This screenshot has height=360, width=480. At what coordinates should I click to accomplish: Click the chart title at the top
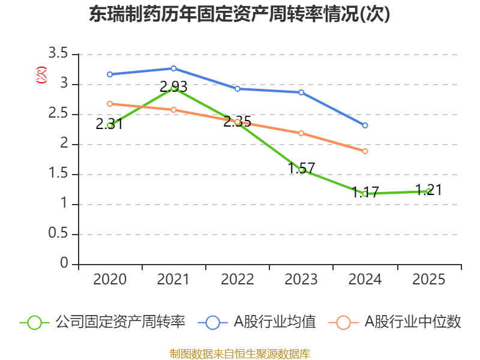[x=239, y=14]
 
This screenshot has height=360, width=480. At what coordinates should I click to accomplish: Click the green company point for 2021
[x=173, y=88]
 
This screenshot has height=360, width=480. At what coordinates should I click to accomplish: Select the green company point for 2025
[x=428, y=191]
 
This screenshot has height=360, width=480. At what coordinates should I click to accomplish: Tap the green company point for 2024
[x=365, y=194]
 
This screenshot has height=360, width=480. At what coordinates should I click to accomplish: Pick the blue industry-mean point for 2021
[x=173, y=68]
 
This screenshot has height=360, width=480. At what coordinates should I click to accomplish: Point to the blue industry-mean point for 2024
[x=365, y=125]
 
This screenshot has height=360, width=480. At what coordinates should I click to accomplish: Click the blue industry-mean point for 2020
[x=110, y=74]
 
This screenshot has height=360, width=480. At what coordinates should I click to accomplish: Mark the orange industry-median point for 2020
[x=110, y=104]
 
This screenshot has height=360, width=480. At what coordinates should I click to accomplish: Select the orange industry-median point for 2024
[x=365, y=151]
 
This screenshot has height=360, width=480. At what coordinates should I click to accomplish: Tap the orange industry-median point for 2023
[x=301, y=133]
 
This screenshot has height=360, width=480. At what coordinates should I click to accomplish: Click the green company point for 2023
[x=301, y=170]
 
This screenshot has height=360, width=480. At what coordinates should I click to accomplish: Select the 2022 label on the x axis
[x=238, y=280]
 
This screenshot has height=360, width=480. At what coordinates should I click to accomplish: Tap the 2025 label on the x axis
[x=428, y=280]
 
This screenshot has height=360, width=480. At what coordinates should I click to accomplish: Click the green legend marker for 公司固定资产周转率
[x=34, y=322]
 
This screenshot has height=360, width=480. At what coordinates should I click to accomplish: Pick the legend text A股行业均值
[x=274, y=322]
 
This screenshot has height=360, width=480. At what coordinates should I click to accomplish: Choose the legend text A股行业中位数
[x=413, y=322]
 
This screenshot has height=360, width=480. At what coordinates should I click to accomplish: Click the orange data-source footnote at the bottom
[x=239, y=353]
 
